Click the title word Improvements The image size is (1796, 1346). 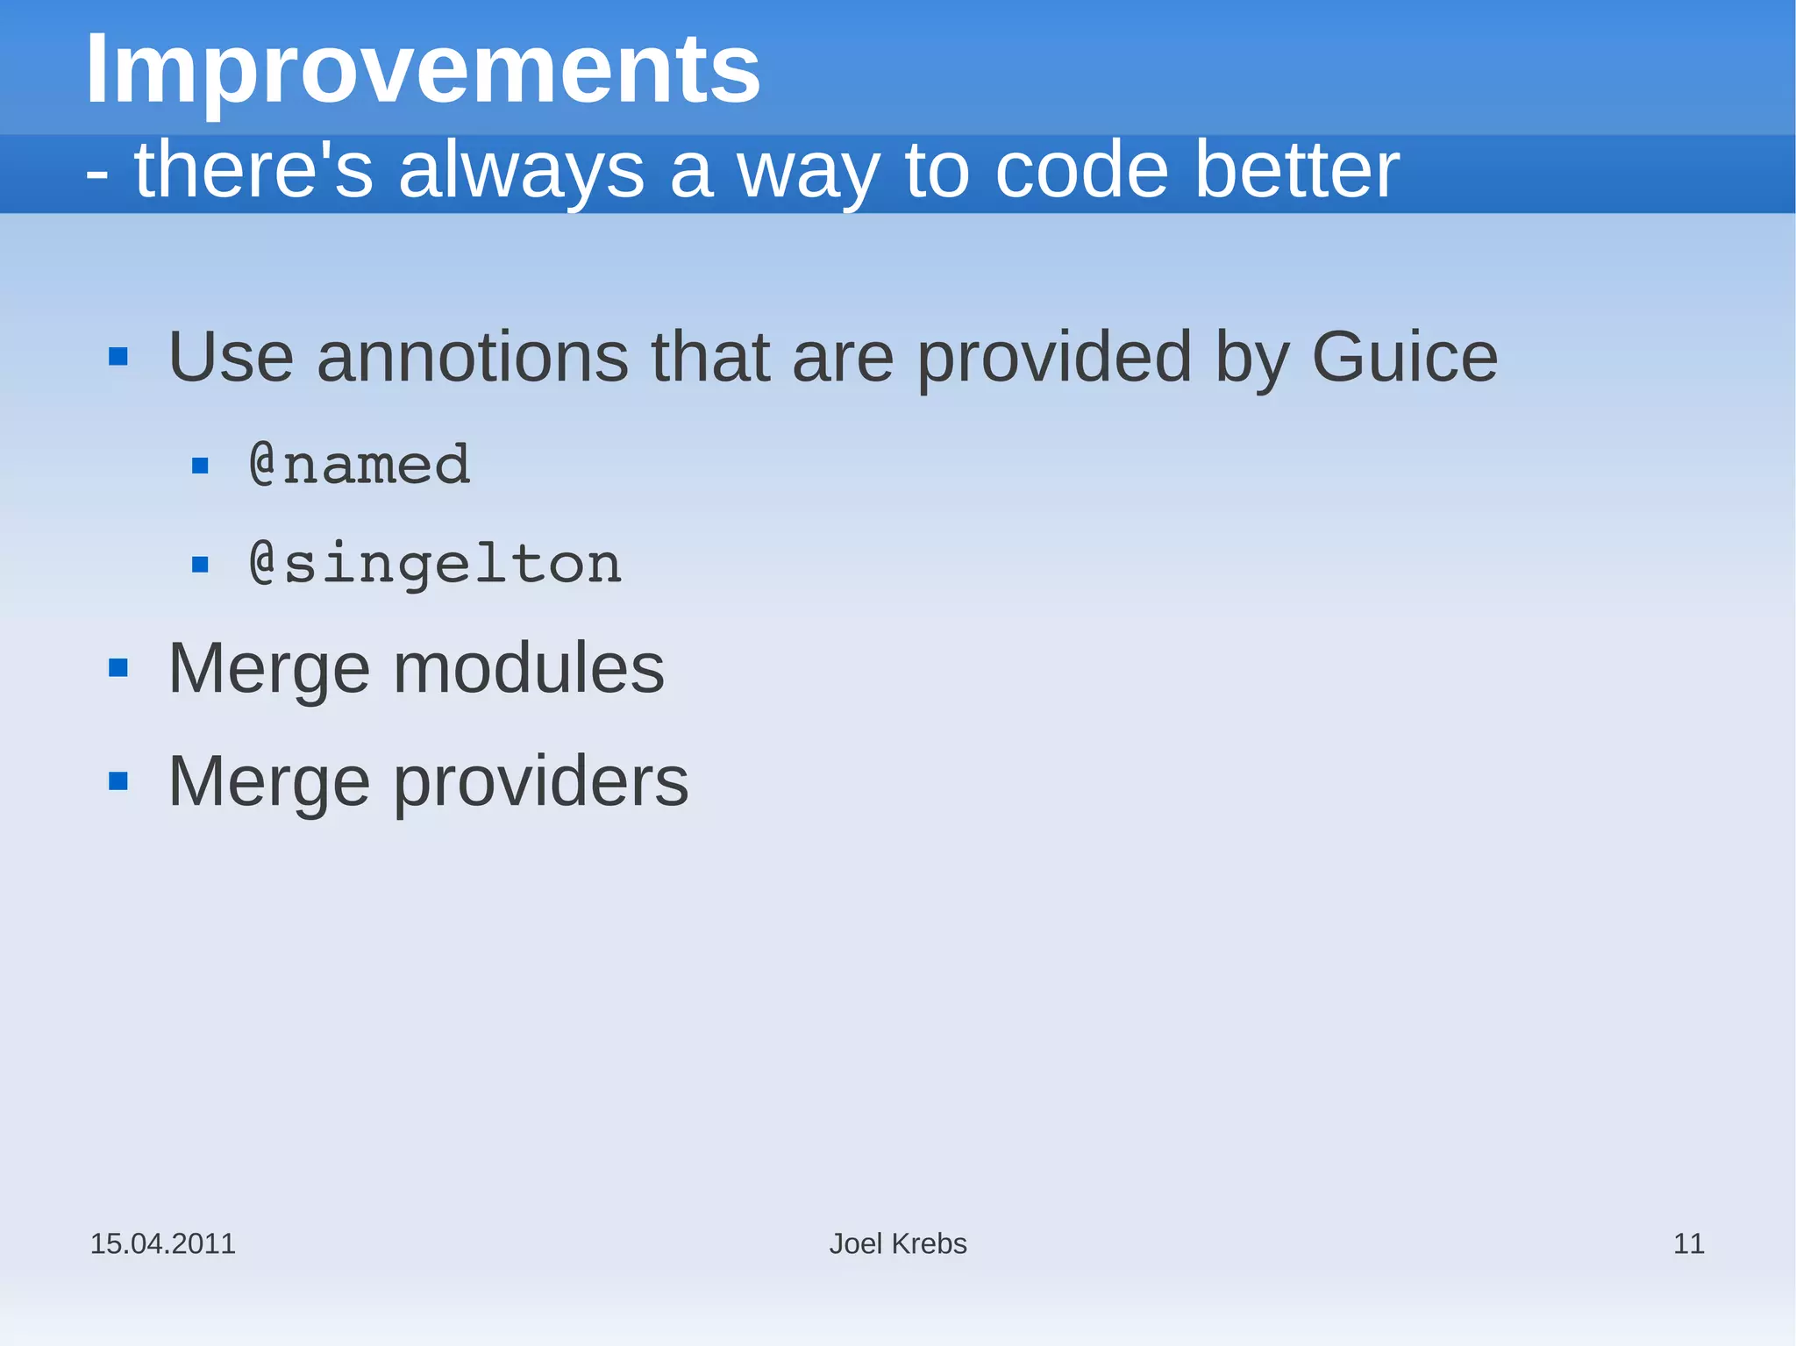click(423, 70)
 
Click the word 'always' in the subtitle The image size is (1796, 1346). click(521, 172)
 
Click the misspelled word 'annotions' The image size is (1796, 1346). click(473, 358)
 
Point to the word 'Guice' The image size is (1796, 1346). click(1404, 358)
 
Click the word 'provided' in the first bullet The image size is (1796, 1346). click(1054, 358)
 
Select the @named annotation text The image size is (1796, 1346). click(360, 465)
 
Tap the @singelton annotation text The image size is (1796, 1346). click(436, 564)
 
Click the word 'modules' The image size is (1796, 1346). click(529, 669)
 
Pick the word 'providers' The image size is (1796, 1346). click(540, 782)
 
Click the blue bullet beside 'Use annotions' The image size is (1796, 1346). click(118, 357)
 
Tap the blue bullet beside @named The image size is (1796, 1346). click(200, 466)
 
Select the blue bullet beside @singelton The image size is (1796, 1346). click(200, 565)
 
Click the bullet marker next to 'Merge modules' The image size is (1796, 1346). click(118, 669)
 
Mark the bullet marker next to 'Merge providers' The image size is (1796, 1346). click(118, 781)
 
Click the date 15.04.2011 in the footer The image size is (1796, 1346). click(163, 1243)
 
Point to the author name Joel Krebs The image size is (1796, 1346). click(898, 1243)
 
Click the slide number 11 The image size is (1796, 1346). click(1688, 1243)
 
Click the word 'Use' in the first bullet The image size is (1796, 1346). click(231, 358)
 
